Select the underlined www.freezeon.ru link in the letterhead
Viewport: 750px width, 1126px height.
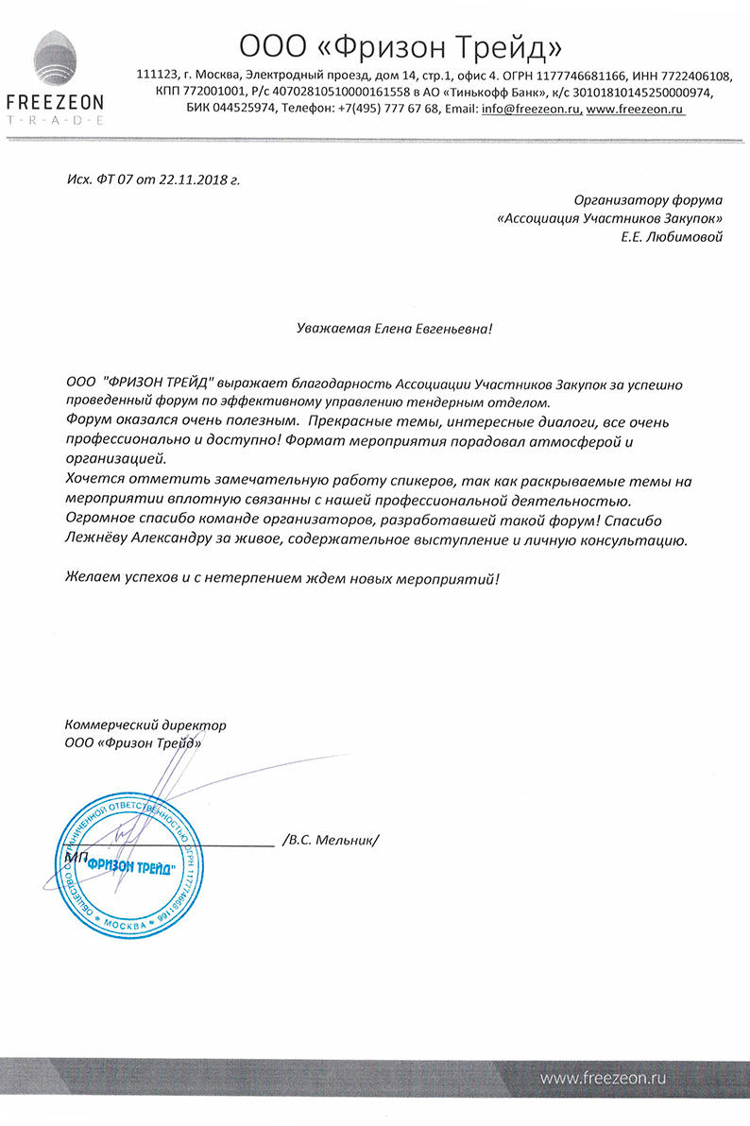(636, 110)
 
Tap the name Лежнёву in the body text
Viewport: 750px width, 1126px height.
(96, 540)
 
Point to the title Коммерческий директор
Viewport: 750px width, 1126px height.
(145, 725)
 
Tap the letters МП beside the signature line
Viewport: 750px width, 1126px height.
(77, 856)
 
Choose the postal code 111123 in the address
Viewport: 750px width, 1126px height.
(157, 76)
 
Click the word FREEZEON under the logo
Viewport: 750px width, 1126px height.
(55, 102)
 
